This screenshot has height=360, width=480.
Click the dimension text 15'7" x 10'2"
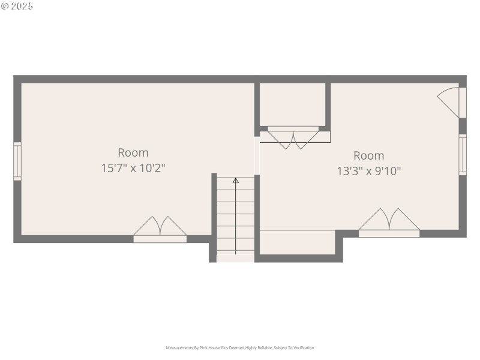click(x=133, y=169)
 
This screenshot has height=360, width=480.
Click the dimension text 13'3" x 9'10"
click(x=368, y=171)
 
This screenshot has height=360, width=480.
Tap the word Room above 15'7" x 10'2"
click(x=133, y=152)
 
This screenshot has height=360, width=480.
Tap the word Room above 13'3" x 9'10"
click(x=368, y=155)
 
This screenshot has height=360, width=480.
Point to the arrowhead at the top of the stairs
click(x=235, y=180)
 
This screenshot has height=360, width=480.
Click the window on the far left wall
click(x=17, y=161)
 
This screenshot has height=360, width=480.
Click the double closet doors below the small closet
click(x=294, y=137)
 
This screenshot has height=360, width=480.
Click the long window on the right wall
click(x=463, y=155)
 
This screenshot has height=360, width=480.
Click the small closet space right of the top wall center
click(x=292, y=104)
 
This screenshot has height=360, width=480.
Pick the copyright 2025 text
click(x=17, y=6)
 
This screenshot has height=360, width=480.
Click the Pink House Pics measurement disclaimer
click(x=239, y=347)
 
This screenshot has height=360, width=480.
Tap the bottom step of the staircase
click(x=235, y=258)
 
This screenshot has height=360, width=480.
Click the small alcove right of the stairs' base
click(x=297, y=242)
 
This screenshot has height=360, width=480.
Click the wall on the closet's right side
click(x=328, y=105)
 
